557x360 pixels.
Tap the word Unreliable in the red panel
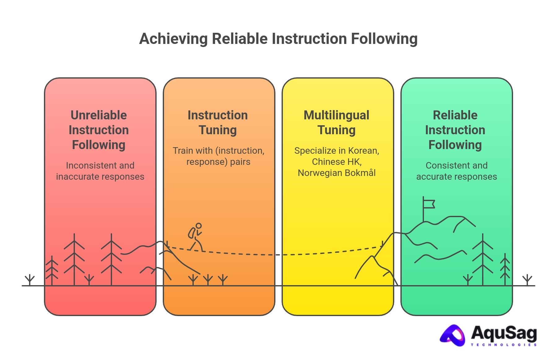99,115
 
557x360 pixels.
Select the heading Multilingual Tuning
336,122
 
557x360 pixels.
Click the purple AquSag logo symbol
452,335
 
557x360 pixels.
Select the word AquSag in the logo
504,333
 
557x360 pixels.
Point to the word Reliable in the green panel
455,115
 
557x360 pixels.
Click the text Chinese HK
336,162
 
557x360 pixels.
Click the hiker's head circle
199,226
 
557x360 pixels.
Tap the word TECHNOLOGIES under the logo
504,345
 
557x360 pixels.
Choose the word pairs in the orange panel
240,162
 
